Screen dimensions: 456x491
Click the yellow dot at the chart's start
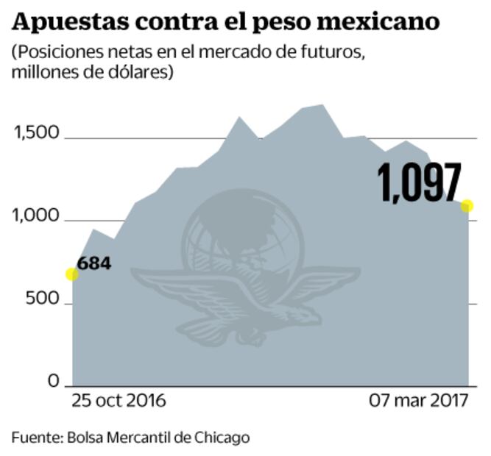tap(71, 274)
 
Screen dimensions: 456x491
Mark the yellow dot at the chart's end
tap(467, 206)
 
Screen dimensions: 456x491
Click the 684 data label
tap(93, 263)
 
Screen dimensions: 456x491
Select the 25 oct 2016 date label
tap(119, 402)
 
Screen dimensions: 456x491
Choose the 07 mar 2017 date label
tap(418, 402)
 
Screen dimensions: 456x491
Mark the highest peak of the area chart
tap(322, 105)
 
